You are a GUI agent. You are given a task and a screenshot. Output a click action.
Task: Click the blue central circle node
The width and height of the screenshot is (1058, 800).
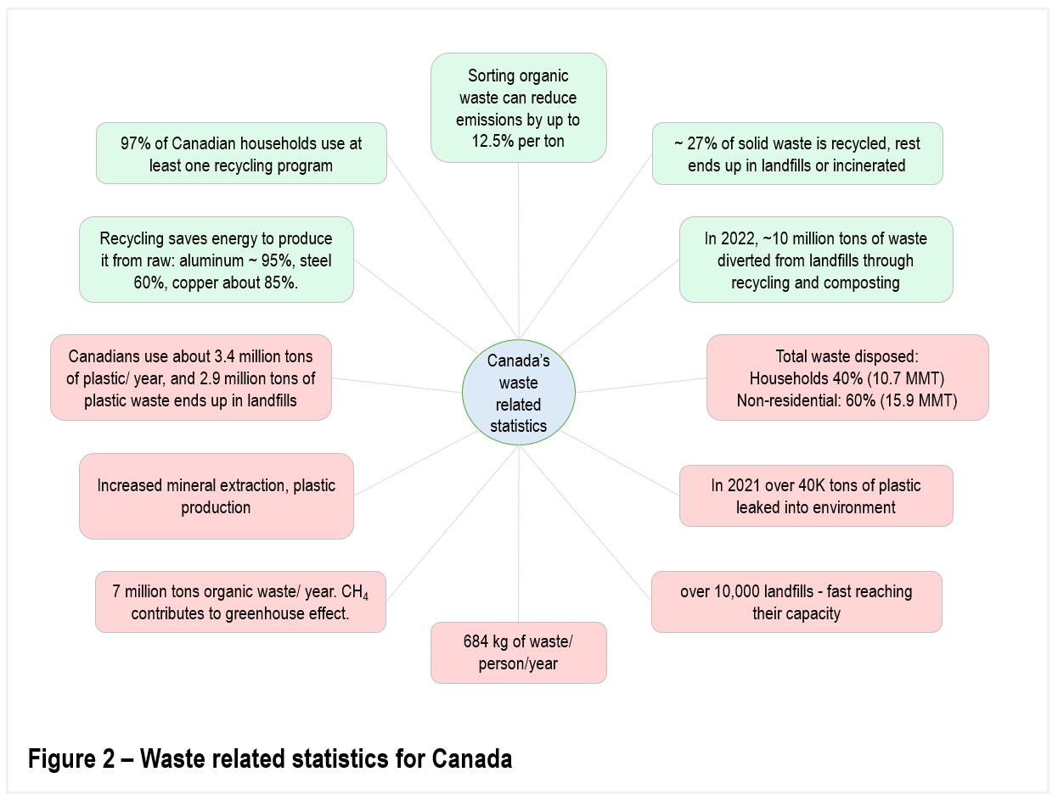tap(518, 392)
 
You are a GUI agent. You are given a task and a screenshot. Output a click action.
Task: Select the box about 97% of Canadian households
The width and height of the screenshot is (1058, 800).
tap(241, 153)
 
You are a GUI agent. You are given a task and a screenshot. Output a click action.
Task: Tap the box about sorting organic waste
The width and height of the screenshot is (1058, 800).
tap(518, 108)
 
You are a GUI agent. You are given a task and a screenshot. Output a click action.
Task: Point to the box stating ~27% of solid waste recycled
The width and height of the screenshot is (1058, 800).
tap(797, 154)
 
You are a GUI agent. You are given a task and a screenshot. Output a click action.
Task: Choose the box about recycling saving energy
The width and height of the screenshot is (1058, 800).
tap(217, 260)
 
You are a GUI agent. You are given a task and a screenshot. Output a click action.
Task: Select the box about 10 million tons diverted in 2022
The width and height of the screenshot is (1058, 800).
tap(816, 260)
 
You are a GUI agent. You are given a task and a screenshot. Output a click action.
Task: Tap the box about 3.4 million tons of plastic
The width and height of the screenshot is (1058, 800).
tap(191, 378)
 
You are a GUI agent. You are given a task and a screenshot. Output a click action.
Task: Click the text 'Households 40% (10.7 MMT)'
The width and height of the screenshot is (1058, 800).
tap(847, 378)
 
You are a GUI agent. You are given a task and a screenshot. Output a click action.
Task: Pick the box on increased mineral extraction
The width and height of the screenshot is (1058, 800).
tap(217, 496)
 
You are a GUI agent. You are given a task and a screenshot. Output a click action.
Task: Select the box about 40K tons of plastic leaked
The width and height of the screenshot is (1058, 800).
tap(816, 495)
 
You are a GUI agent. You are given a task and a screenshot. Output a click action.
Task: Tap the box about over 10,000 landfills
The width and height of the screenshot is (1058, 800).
tap(796, 601)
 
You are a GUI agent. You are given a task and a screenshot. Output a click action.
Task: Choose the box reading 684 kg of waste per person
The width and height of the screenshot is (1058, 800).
tap(518, 652)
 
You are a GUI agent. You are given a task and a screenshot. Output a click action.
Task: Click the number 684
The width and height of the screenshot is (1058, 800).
tap(476, 641)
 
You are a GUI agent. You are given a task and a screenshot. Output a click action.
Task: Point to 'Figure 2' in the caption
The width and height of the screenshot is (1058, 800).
tap(71, 759)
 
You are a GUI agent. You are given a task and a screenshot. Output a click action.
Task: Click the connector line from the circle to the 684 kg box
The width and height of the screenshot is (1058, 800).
tap(519, 534)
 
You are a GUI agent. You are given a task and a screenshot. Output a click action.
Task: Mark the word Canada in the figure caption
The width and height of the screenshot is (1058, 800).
tap(471, 759)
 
